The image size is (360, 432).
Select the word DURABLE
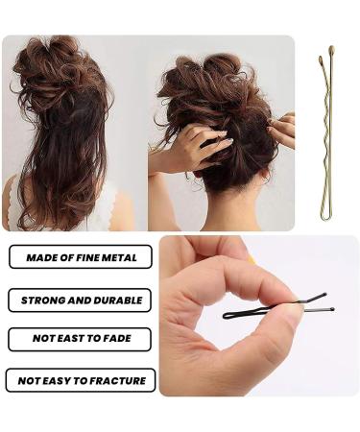point(118,300)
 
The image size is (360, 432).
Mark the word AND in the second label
point(82,300)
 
